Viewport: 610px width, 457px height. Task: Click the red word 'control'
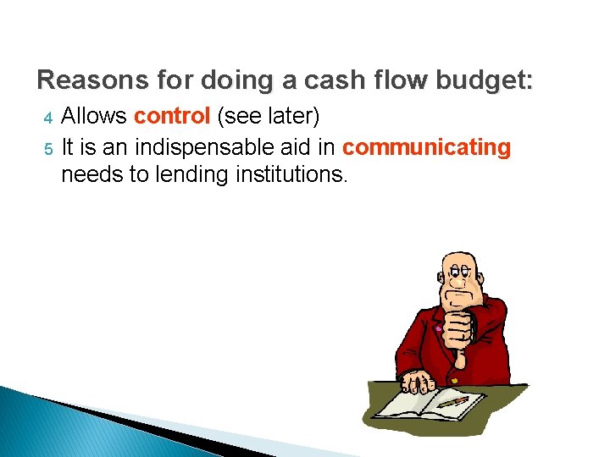[x=172, y=116]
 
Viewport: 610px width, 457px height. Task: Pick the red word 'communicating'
[x=427, y=147]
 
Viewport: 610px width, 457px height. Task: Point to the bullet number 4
[x=48, y=118]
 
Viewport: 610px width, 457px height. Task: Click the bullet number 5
[x=48, y=150]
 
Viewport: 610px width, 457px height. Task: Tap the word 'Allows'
[x=95, y=116]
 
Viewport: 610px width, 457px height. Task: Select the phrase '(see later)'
[x=265, y=116]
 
